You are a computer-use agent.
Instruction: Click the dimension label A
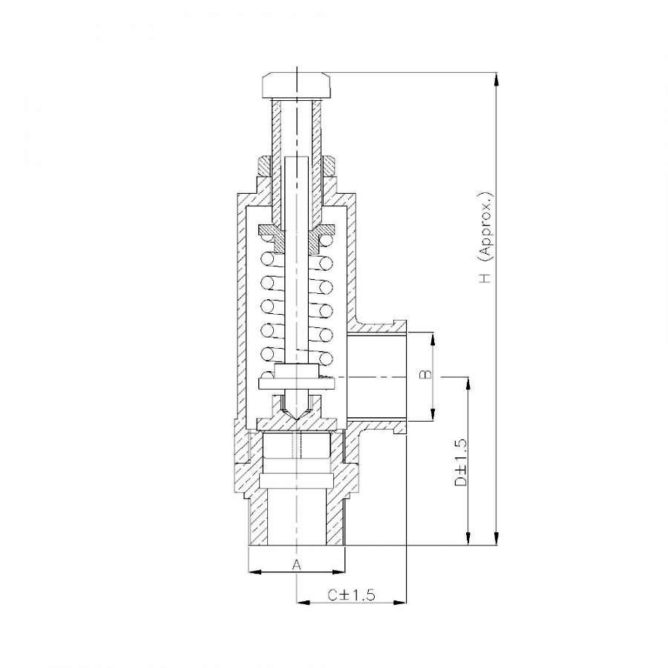pyautogui.click(x=297, y=565)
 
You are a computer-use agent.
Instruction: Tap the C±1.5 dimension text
pyautogui.click(x=352, y=595)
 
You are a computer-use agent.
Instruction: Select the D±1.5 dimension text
pyautogui.click(x=460, y=463)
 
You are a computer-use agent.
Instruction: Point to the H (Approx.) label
pyautogui.click(x=485, y=237)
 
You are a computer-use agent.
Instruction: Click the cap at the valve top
pyautogui.click(x=296, y=85)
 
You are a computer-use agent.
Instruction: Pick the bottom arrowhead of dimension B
pyautogui.click(x=433, y=414)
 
